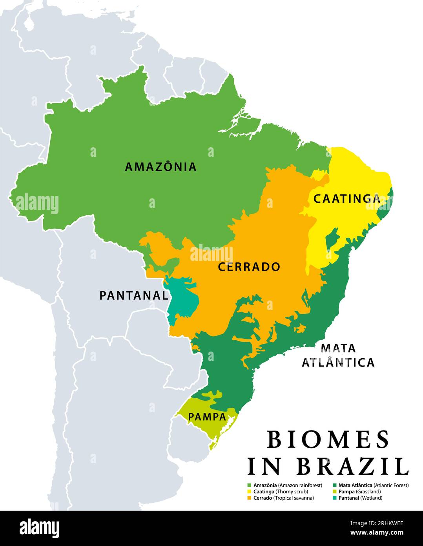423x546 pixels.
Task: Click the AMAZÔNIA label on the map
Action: tap(160, 167)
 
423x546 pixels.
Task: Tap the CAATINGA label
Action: tap(347, 199)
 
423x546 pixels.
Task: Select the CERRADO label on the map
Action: tap(249, 267)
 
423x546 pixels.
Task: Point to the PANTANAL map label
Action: tap(134, 295)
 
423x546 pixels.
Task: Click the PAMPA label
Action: tap(207, 417)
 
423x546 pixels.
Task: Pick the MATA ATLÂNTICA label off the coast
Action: tap(338, 355)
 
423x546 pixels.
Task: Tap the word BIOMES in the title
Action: tap(328, 440)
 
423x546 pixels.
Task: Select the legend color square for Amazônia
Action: tap(249, 486)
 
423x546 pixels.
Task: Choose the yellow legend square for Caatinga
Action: tap(249, 492)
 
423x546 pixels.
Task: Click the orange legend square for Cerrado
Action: tap(249, 498)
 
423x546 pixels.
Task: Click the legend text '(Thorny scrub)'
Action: tap(292, 492)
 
